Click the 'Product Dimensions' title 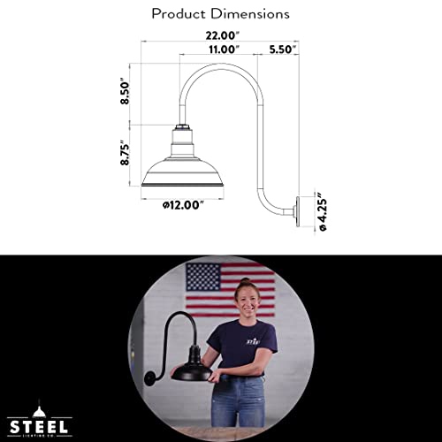(x=220, y=14)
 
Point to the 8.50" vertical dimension (x=126, y=91)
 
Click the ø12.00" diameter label (x=183, y=205)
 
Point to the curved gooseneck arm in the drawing (x=239, y=97)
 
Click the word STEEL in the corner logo (x=42, y=424)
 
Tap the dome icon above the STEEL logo (x=42, y=408)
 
